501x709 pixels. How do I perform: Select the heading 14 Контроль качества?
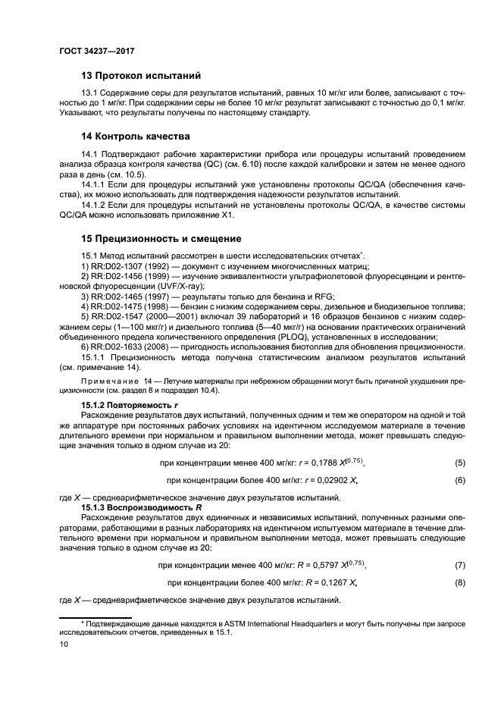(136, 136)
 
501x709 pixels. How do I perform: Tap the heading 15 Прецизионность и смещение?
(161, 238)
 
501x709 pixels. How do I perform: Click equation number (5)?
(459, 462)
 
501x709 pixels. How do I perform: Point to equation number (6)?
(459, 480)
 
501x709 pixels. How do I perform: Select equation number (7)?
(459, 565)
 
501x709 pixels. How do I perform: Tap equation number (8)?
(459, 583)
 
